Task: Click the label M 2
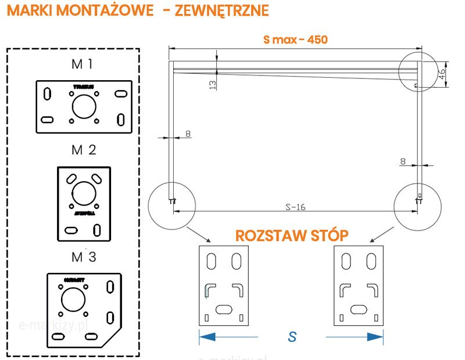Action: pos(84,150)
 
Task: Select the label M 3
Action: pos(84,257)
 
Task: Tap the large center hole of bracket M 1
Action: pos(84,106)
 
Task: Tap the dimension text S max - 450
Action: pos(295,39)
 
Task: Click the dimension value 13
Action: pos(212,84)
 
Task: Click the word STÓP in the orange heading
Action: pos(328,235)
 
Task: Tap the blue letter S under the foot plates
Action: pos(292,337)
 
